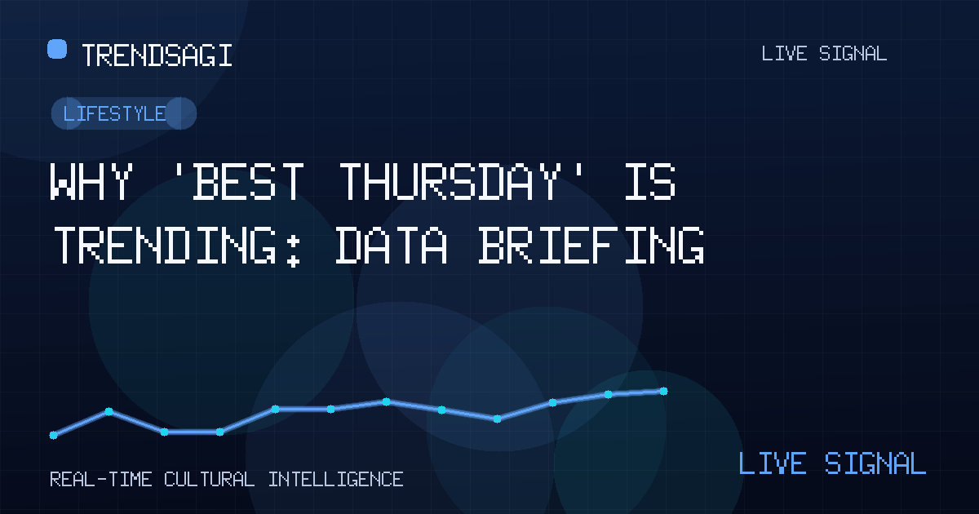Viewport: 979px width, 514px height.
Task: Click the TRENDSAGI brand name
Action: click(x=157, y=55)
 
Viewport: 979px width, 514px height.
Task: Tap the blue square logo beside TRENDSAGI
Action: click(x=57, y=49)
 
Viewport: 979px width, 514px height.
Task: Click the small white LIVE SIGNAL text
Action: click(x=824, y=54)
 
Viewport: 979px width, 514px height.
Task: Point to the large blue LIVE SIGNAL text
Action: click(x=832, y=463)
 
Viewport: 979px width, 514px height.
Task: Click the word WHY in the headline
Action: click(x=91, y=181)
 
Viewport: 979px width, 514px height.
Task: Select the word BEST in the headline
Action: click(x=248, y=181)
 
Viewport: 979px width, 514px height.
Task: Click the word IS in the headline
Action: click(x=650, y=181)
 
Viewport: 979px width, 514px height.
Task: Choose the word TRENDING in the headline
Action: click(x=165, y=245)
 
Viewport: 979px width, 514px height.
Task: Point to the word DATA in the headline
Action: click(x=391, y=245)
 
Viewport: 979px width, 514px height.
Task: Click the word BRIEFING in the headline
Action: click(x=591, y=245)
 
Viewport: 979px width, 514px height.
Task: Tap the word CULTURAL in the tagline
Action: click(x=209, y=480)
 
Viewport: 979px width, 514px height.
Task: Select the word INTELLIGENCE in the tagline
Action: click(x=335, y=480)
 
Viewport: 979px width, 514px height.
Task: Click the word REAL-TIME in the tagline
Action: click(x=101, y=480)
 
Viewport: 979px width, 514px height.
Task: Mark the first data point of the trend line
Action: click(x=53, y=435)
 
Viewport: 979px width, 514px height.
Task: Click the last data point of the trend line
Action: click(x=663, y=391)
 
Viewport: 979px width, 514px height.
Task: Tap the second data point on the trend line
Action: click(x=109, y=411)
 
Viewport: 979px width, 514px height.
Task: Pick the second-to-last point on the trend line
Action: click(x=608, y=394)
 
